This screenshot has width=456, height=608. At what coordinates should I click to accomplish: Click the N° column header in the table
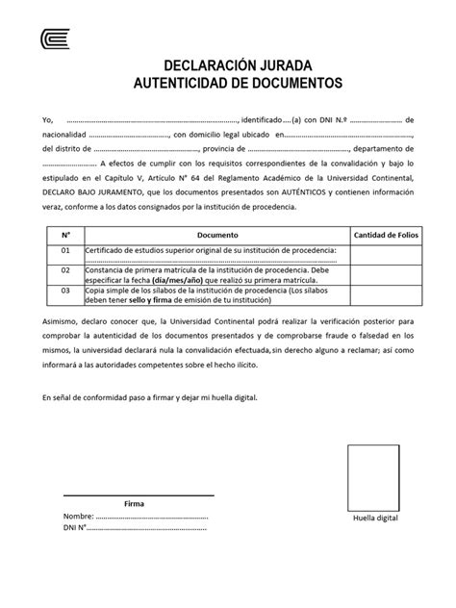65,235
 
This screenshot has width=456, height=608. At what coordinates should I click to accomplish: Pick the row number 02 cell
65,270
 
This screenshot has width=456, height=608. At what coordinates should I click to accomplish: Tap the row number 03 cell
65,289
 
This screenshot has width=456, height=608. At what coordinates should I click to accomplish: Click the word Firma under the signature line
135,503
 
